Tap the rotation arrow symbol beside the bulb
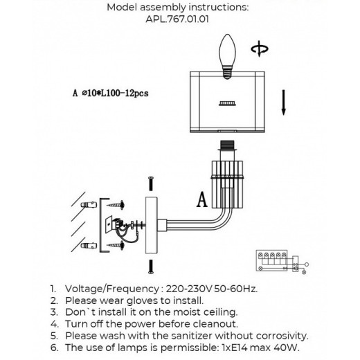tap(260, 48)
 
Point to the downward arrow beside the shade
tap(283, 102)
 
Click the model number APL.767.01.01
tap(177, 19)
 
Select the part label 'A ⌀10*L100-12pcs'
tap(111, 93)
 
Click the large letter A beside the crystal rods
tap(202, 200)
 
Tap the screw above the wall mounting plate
tap(151, 183)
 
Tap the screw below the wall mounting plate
tap(151, 267)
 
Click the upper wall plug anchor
tap(89, 205)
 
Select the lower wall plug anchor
tap(89, 246)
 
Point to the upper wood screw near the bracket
tap(116, 205)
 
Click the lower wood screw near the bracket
tap(116, 246)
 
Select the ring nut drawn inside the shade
tap(227, 104)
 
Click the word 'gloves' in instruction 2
tap(143, 301)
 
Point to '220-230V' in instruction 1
tap(189, 289)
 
